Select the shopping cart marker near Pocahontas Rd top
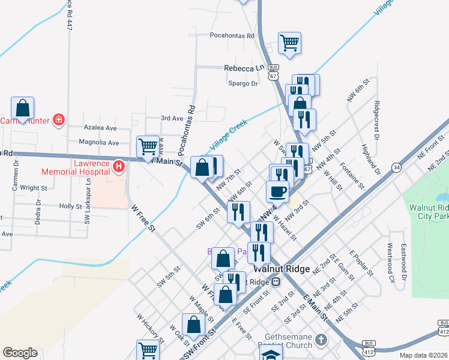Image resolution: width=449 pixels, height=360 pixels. [x=289, y=44]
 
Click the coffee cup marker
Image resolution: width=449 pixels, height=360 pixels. [x=277, y=191]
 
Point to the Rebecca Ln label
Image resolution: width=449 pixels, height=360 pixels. [x=244, y=68]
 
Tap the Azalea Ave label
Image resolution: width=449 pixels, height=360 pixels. [x=101, y=128]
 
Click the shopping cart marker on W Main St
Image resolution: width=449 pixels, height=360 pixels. [x=148, y=146]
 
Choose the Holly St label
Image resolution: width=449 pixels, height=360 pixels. [x=70, y=206]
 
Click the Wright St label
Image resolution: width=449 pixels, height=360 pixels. [x=34, y=188]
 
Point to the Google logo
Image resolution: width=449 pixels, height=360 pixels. [x=20, y=353]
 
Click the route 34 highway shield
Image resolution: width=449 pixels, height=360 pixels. [x=397, y=167]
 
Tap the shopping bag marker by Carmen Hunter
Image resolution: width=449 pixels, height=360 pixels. [x=22, y=109]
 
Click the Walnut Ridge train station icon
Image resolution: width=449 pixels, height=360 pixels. [x=276, y=282]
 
